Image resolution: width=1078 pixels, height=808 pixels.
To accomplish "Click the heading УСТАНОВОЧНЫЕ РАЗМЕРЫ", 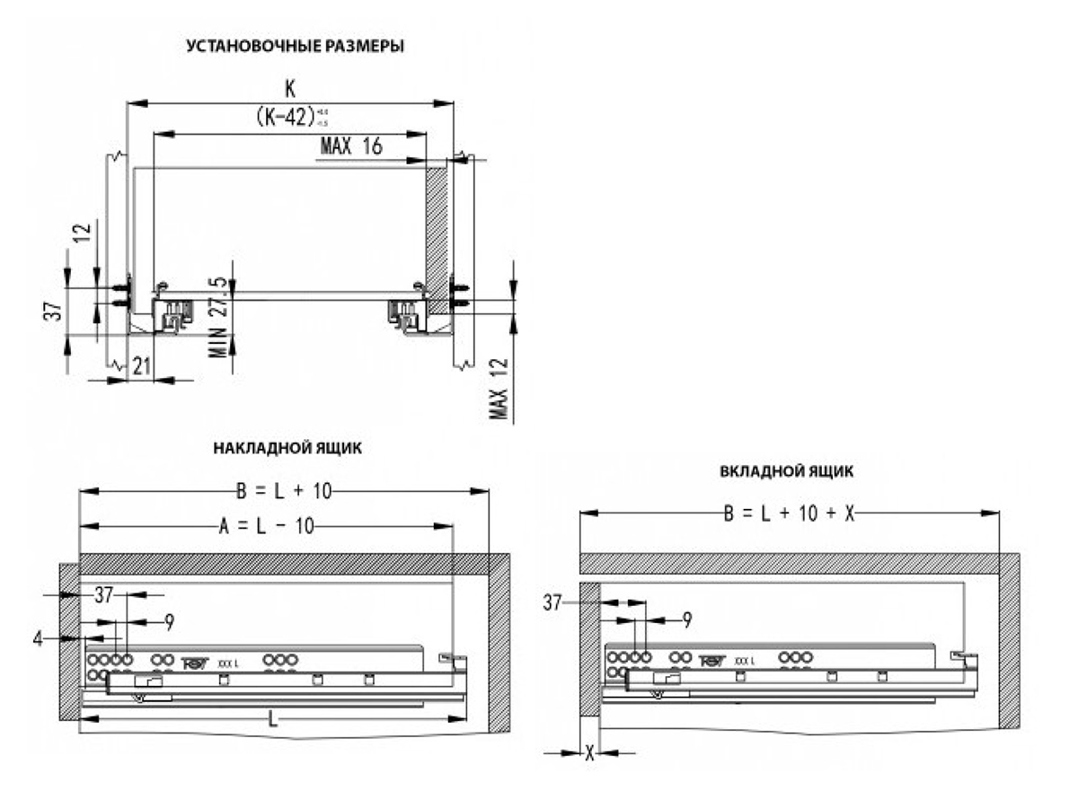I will coord(294,47).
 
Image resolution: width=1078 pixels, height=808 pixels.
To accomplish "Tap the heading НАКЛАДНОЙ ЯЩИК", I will coord(287,448).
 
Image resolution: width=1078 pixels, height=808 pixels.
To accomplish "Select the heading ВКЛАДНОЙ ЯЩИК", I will coord(786,470).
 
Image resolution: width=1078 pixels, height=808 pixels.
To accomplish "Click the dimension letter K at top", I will coord(289,88).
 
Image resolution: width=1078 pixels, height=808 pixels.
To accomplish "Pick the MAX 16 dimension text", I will coord(350,147).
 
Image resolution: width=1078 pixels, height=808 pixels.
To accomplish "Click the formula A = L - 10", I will coord(268,526).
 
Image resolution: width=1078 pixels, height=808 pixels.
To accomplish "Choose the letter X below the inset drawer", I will coord(590,752).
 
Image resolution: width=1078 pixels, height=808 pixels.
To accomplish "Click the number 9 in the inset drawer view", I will coord(687,619).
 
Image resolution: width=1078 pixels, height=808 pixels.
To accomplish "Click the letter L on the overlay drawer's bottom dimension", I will coord(273,720).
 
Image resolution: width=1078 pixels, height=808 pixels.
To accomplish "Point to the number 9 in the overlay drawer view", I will coord(169,619).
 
